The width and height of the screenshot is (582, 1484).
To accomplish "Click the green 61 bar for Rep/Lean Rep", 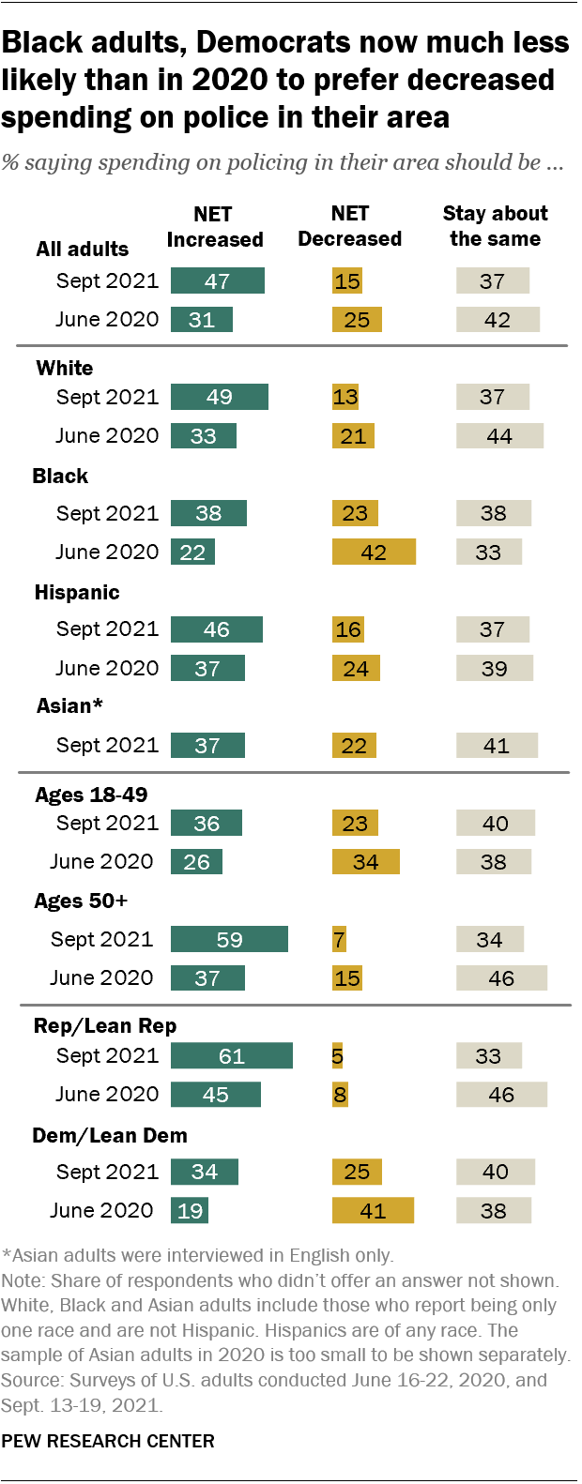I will click(231, 1056).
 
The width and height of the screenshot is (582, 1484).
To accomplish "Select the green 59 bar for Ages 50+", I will click(229, 940).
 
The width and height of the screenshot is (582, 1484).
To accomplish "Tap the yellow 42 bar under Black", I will click(374, 553).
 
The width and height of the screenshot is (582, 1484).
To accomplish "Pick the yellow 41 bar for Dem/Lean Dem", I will click(373, 1211).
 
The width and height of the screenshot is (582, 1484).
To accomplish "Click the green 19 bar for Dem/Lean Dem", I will click(190, 1211).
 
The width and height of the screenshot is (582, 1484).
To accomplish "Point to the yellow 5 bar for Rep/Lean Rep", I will click(337, 1056).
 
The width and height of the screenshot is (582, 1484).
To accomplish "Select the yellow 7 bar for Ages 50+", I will click(339, 940).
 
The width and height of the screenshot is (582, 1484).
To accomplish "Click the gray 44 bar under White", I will click(499, 436).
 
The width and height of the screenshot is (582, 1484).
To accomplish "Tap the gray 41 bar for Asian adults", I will click(497, 746).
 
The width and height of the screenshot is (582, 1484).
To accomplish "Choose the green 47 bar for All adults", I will click(218, 281).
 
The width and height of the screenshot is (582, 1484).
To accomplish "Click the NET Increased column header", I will click(214, 227).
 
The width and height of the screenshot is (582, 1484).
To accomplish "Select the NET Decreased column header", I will click(349, 227).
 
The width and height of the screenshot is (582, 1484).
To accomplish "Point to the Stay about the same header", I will click(495, 226).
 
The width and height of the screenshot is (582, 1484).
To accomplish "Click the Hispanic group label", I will click(77, 593).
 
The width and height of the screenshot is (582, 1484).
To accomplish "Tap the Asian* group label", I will click(69, 706).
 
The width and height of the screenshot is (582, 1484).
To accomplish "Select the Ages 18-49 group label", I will click(91, 795).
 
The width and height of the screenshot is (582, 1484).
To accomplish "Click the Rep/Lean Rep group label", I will click(105, 1026).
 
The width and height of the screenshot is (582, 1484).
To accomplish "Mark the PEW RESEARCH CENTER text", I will click(108, 1441).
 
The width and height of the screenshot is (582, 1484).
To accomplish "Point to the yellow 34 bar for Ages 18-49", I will click(365, 862).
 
